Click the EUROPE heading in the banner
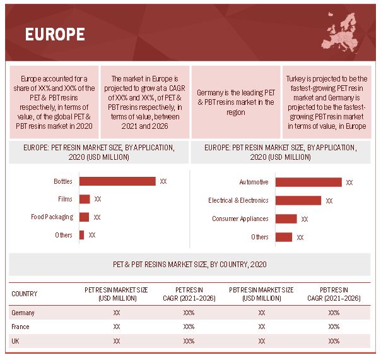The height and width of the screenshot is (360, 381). [55, 33]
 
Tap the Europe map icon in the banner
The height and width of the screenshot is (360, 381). [346, 32]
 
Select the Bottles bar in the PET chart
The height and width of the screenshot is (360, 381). [117, 181]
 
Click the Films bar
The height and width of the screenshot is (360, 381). [85, 199]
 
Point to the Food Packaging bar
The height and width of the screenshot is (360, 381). [85, 217]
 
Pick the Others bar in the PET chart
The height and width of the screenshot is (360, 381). [81, 234]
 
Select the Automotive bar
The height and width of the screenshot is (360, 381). [308, 182]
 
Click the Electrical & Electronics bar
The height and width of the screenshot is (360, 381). [298, 200]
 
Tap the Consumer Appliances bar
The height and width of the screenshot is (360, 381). [286, 219]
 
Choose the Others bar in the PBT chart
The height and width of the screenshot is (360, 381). [283, 237]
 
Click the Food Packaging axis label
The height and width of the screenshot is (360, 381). [52, 217]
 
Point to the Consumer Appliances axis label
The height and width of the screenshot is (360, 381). [240, 219]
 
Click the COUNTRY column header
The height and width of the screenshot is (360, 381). [25, 294]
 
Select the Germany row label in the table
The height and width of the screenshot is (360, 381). [23, 313]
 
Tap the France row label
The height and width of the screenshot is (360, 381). [20, 327]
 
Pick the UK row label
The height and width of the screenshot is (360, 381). [16, 340]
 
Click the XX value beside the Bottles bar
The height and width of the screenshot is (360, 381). [163, 181]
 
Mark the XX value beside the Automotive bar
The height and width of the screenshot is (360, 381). [349, 183]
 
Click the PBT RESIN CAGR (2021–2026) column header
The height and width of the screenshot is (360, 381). [334, 294]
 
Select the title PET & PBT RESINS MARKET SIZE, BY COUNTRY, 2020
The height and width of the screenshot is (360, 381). [190, 264]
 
